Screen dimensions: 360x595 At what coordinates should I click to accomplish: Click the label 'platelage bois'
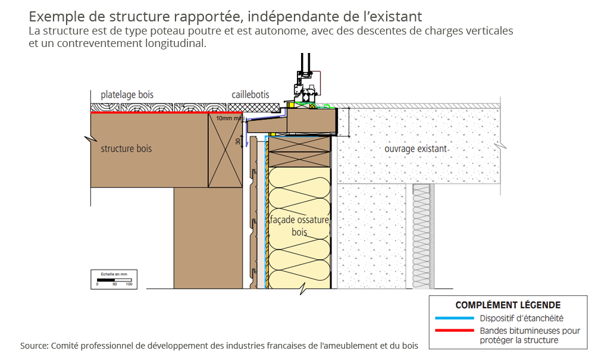coord(127,95)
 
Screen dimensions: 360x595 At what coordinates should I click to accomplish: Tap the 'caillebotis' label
coord(250,95)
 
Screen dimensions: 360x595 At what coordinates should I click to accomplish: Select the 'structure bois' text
coord(126,148)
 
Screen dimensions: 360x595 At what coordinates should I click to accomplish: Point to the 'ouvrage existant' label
coord(416,148)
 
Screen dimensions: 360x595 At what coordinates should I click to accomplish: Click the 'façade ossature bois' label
coord(299,226)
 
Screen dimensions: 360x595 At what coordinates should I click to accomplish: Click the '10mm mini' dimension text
coord(229,118)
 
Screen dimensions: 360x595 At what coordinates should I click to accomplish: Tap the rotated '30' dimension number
coord(238,142)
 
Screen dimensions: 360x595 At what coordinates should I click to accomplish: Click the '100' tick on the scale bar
coord(129,284)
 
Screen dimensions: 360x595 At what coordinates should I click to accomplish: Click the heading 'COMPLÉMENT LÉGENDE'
coord(508,305)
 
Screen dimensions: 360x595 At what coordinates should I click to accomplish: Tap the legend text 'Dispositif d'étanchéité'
coord(522,318)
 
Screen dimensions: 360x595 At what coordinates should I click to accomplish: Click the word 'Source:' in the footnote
coord(35,346)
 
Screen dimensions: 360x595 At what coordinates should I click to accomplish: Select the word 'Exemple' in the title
coord(54,17)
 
